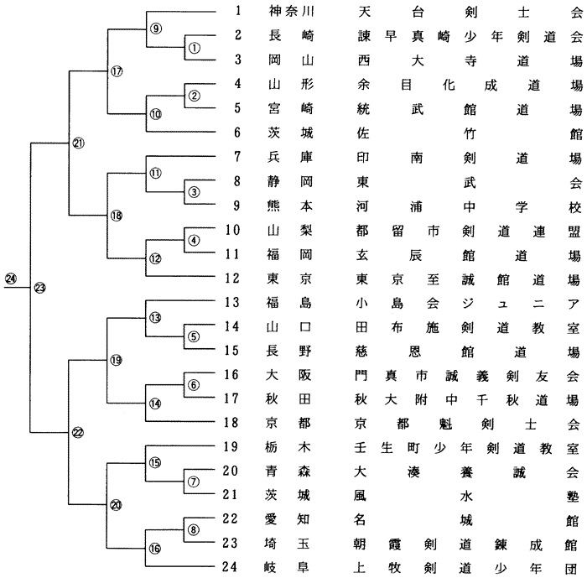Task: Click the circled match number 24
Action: tap(10, 302)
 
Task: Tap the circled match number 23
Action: tap(39, 312)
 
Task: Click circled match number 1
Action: tap(194, 47)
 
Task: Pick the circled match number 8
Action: tap(194, 529)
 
